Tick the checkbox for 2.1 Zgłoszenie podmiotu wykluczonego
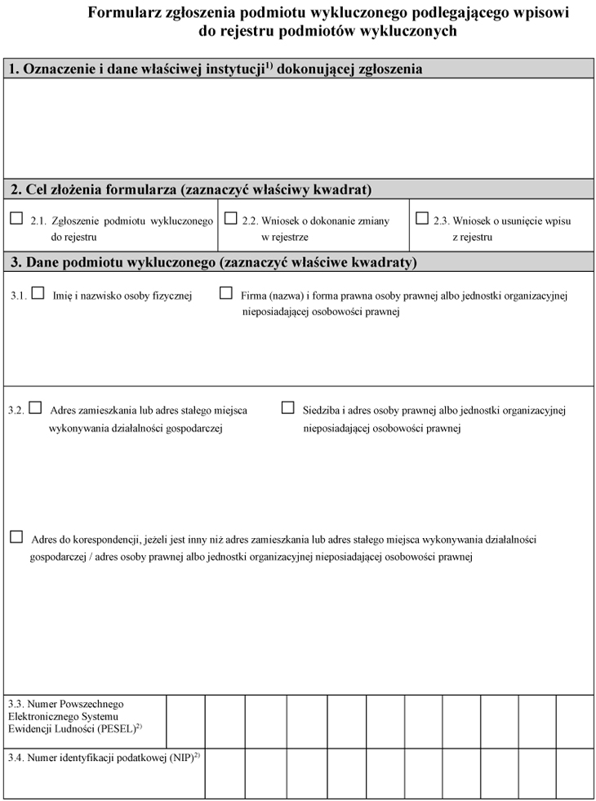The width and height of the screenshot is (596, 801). click(x=16, y=219)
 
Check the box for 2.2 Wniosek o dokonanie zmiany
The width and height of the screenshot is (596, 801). click(x=230, y=219)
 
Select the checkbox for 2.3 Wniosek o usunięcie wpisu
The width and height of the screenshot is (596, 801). click(x=421, y=219)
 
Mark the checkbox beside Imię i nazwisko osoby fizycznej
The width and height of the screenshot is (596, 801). click(x=38, y=294)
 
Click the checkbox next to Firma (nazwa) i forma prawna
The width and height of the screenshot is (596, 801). click(x=226, y=294)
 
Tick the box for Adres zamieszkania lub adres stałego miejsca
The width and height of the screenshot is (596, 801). click(x=35, y=407)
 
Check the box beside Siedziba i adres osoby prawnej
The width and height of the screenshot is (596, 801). click(x=287, y=407)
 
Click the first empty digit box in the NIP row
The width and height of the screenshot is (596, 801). click(x=224, y=772)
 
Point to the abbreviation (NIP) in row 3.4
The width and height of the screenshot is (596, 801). click(x=182, y=759)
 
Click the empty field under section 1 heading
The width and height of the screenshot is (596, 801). click(x=298, y=127)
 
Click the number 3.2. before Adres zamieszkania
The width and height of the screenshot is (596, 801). click(x=16, y=411)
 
